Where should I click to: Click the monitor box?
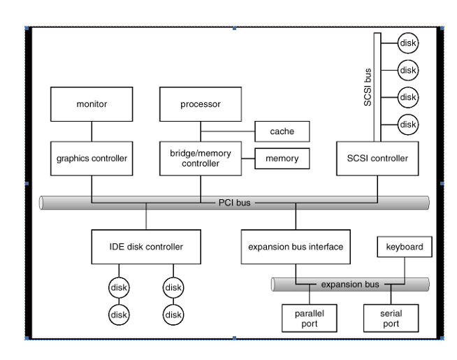click(x=92, y=104)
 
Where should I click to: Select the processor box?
click(x=201, y=104)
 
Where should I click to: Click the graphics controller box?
click(x=92, y=158)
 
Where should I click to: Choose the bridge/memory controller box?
click(x=201, y=158)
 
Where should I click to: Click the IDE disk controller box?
click(x=147, y=247)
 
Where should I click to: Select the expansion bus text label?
click(x=350, y=285)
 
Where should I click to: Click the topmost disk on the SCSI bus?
click(x=407, y=43)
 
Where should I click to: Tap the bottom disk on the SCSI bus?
click(x=407, y=124)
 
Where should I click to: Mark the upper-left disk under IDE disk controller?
click(x=119, y=287)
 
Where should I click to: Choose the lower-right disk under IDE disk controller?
click(x=173, y=314)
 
